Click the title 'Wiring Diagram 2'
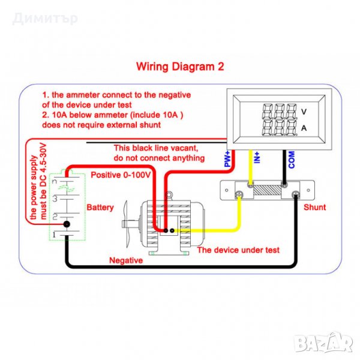tap(179, 67)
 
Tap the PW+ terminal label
tap(228, 160)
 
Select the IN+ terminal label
tap(257, 158)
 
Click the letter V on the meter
tap(304, 111)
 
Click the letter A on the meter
tap(304, 128)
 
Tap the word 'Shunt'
tap(314, 207)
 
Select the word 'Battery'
tap(100, 207)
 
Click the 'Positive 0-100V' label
tap(121, 175)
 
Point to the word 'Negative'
tap(125, 260)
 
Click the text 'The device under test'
tap(238, 250)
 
